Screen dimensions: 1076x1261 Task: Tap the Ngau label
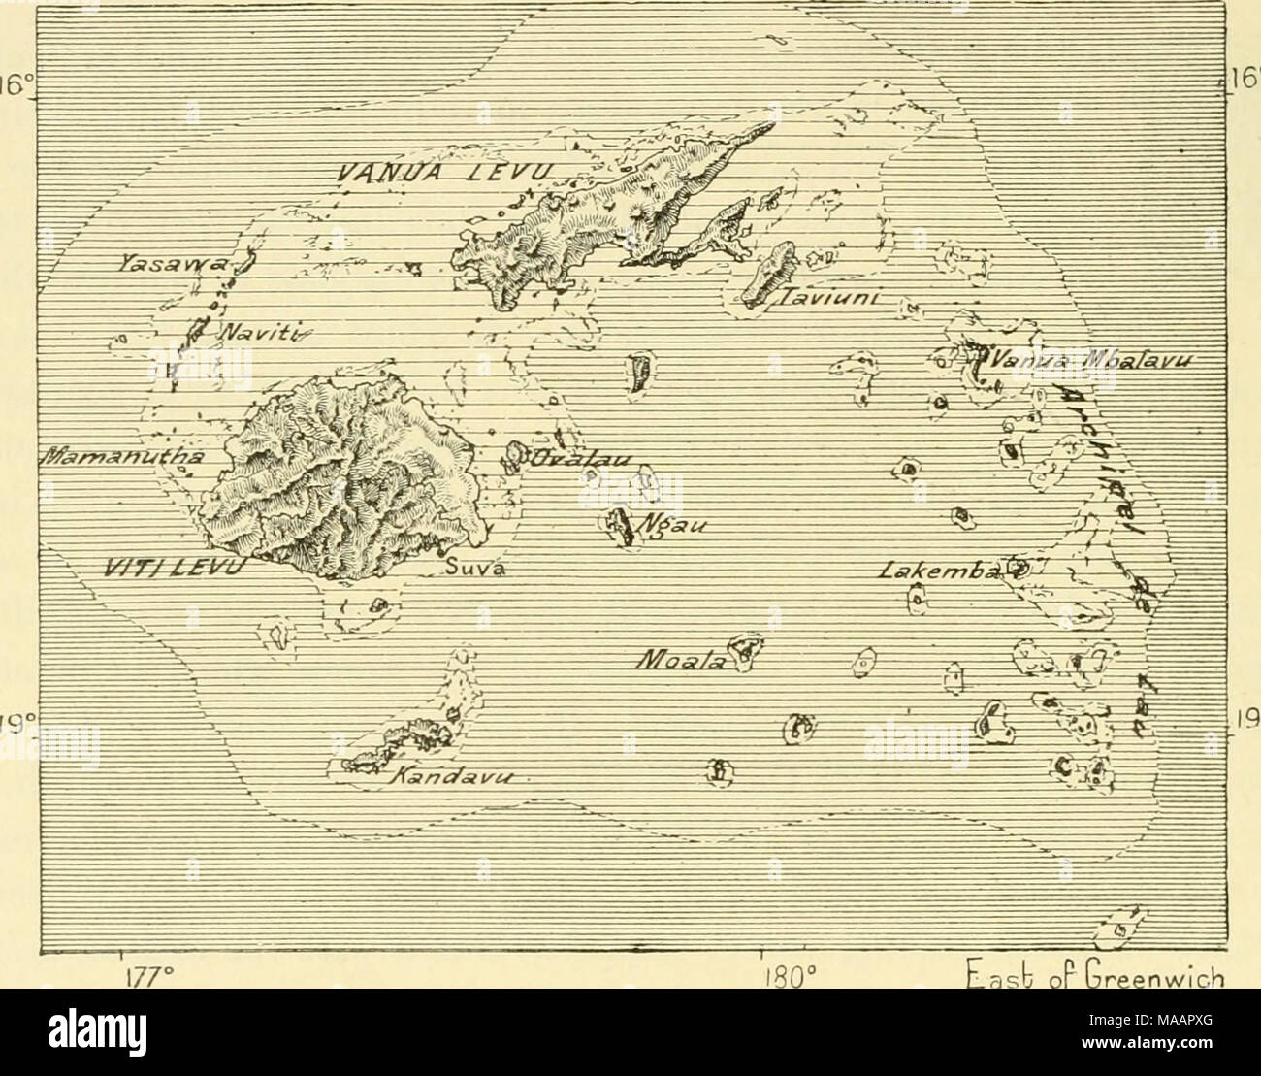672,527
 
